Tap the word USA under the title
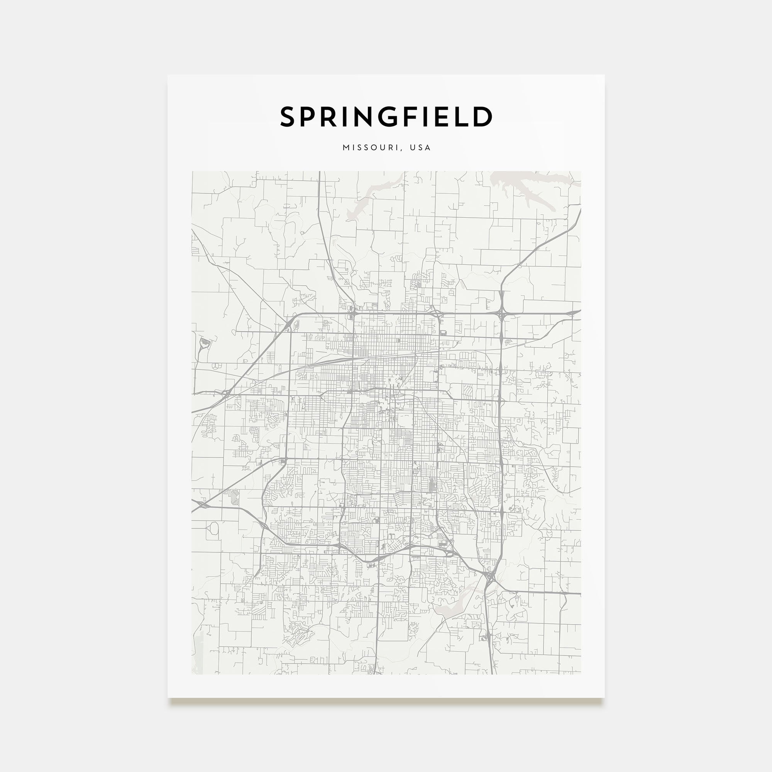pyautogui.click(x=420, y=148)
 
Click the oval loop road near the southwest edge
pyautogui.click(x=214, y=528)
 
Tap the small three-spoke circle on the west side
pyautogui.click(x=216, y=366)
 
